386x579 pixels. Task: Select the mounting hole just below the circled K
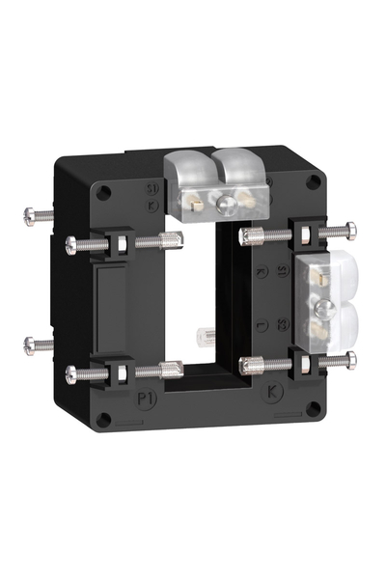point(311,409)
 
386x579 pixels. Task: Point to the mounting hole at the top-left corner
point(103,191)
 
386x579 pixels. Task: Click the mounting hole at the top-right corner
point(313,181)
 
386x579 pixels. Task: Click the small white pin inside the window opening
point(205,337)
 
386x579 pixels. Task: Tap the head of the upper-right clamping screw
point(349,230)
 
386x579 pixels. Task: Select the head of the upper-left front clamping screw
point(70,245)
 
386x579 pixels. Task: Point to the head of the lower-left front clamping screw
point(70,372)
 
